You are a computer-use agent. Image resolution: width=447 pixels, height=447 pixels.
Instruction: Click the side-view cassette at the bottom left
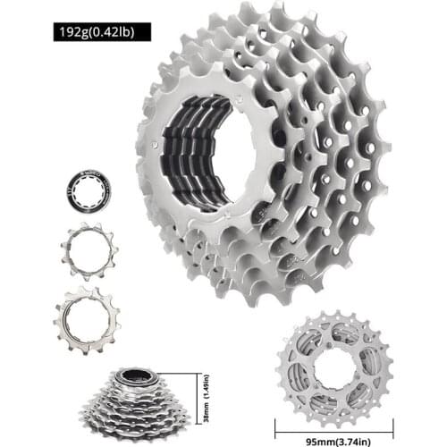[143, 398]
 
